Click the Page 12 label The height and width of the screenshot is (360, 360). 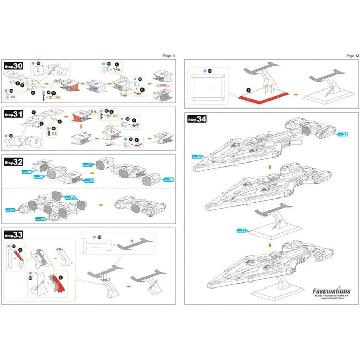tap(352, 55)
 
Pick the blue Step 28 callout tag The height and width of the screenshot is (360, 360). tap(168, 180)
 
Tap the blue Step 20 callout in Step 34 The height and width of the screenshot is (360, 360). tap(197, 156)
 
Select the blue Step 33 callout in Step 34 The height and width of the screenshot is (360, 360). tap(242, 231)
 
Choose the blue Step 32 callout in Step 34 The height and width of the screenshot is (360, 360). tap(342, 134)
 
